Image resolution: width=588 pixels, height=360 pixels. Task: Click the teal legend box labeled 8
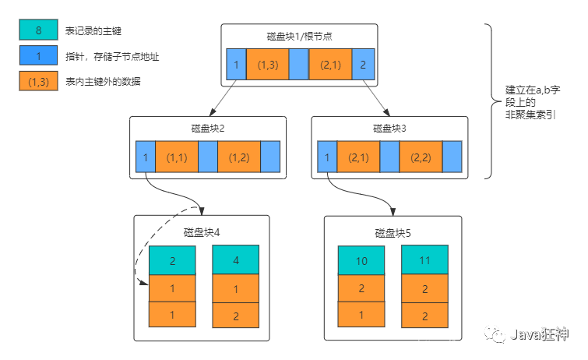point(38,30)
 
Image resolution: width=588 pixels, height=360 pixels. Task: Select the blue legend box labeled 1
point(38,56)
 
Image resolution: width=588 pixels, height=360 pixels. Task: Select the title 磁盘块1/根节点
point(299,37)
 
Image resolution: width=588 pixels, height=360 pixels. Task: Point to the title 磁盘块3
point(389,129)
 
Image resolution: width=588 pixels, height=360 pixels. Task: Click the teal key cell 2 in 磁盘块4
point(172,261)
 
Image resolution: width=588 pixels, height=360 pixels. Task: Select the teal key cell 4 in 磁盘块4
point(235,261)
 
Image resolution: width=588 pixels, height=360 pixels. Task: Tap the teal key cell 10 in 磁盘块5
point(361,261)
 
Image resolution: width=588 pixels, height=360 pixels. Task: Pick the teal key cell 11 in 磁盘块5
point(424,261)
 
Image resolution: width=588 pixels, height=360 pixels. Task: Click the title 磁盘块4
point(202,231)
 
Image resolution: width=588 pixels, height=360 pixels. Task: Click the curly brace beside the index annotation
point(491,101)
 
